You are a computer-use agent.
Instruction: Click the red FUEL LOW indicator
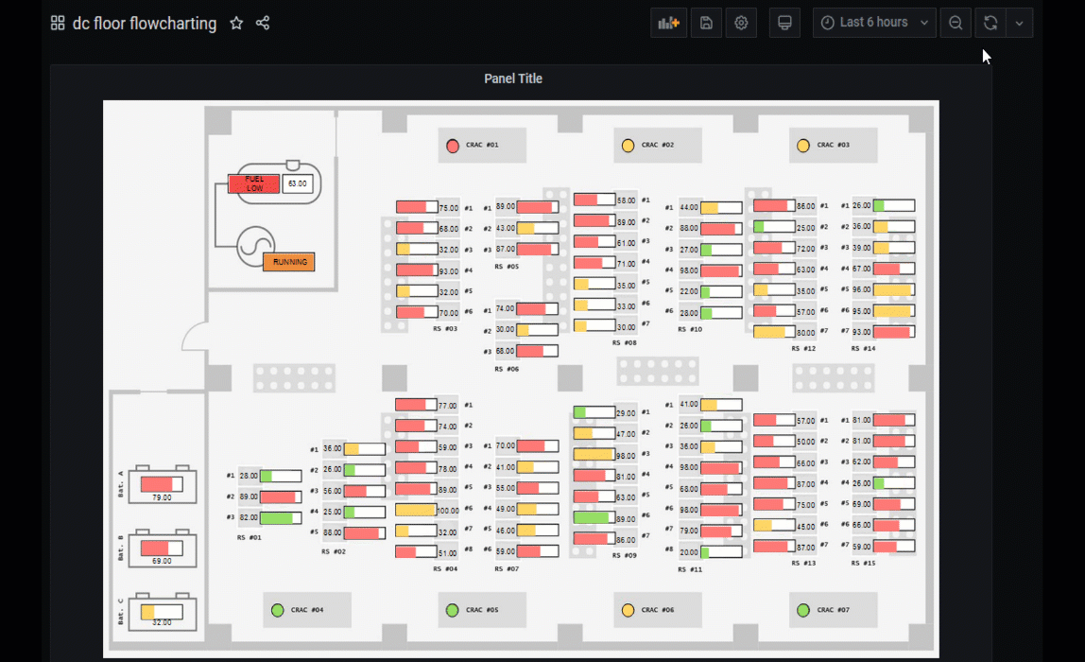(x=254, y=184)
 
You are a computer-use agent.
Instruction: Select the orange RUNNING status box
(x=289, y=262)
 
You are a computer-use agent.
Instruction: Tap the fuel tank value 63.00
(x=298, y=183)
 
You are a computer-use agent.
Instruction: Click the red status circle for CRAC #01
(x=453, y=146)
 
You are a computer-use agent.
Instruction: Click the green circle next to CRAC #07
(x=803, y=610)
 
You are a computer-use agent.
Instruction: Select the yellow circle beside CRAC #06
(x=628, y=610)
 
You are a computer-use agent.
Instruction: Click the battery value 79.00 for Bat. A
(x=162, y=497)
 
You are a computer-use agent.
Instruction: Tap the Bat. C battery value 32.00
(x=162, y=622)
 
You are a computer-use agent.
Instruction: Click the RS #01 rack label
(x=250, y=537)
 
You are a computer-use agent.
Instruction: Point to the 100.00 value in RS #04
(x=445, y=511)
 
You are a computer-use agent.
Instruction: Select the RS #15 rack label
(x=863, y=564)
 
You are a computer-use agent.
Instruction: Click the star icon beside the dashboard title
(x=236, y=24)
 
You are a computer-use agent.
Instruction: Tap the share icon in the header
(x=263, y=24)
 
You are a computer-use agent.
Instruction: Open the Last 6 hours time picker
(x=874, y=23)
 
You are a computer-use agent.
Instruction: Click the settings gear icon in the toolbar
(x=741, y=24)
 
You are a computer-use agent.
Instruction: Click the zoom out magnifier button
(x=956, y=24)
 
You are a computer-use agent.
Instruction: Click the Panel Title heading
(x=513, y=78)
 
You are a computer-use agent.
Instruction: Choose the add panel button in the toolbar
(x=668, y=24)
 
